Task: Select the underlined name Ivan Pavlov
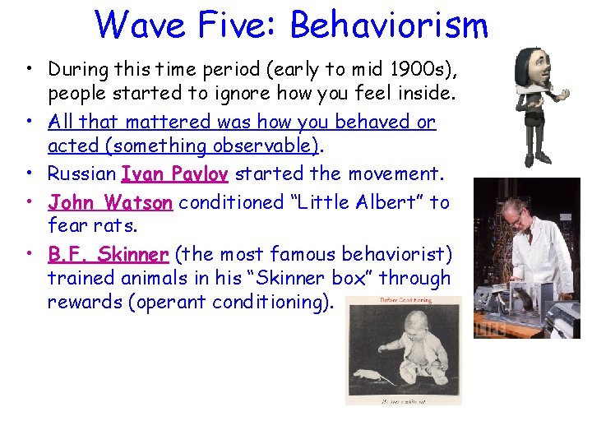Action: click(x=175, y=173)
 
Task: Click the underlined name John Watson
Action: click(x=110, y=201)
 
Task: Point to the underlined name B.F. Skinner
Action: click(x=109, y=253)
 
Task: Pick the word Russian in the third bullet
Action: click(x=81, y=173)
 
